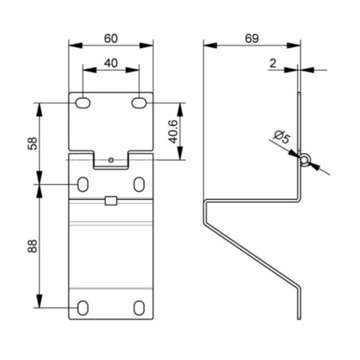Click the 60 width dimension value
[x=111, y=38]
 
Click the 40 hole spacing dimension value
[x=111, y=63]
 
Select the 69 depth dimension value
[x=252, y=38]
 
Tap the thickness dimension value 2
[x=272, y=64]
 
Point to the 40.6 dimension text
[x=174, y=131]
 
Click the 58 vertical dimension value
[x=33, y=143]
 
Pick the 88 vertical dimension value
[x=33, y=246]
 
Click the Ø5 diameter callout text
[x=282, y=136]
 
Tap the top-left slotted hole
[x=83, y=103]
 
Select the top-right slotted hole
[x=139, y=103]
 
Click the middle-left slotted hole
[x=83, y=184]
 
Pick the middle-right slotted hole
[x=139, y=184]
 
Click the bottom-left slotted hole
[x=83, y=308]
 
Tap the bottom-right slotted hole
[x=139, y=308]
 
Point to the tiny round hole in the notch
[x=112, y=160]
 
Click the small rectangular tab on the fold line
[x=111, y=201]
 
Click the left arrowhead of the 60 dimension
[x=76, y=45]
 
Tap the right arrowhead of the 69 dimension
[x=294, y=45]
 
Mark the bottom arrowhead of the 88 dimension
[x=39, y=301]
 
